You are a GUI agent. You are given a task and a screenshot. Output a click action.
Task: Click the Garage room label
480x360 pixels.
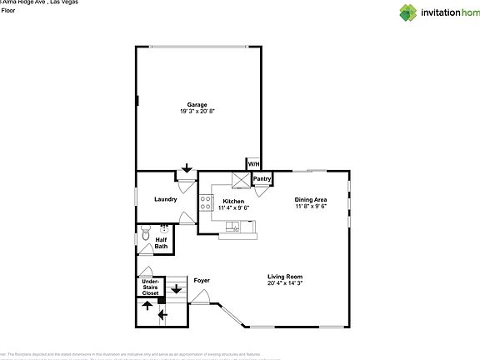pyautogui.click(x=197, y=104)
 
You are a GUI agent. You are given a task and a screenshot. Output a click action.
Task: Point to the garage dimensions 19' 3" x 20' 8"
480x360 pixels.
pyautogui.click(x=197, y=111)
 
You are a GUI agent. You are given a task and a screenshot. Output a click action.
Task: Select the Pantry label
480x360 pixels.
pyautogui.click(x=262, y=178)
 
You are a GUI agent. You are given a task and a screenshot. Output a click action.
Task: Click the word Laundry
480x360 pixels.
pyautogui.click(x=166, y=199)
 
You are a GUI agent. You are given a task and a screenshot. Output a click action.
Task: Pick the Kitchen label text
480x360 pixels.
pyautogui.click(x=233, y=202)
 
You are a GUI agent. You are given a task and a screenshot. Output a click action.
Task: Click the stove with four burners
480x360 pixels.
pyautogui.click(x=204, y=202)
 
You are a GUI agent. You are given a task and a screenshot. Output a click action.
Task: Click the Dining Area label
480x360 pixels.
pyautogui.click(x=310, y=199)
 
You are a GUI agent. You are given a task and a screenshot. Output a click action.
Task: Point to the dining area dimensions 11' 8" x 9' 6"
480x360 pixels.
pyautogui.click(x=310, y=206)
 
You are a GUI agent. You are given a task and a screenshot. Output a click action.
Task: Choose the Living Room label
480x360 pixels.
pyautogui.click(x=284, y=277)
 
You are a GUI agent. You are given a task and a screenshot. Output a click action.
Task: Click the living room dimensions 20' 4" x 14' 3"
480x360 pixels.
pyautogui.click(x=284, y=283)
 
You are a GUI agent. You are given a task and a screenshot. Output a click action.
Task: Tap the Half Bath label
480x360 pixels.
pyautogui.click(x=161, y=242)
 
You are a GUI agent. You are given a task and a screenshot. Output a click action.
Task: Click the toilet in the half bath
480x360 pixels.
pyautogui.click(x=146, y=234)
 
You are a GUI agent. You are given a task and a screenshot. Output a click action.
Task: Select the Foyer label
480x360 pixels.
pyautogui.click(x=202, y=281)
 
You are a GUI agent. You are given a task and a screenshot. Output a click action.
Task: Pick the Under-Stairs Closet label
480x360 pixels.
pyautogui.click(x=151, y=287)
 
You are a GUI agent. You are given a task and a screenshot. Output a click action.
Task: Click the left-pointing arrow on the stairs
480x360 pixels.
pyautogui.click(x=162, y=315)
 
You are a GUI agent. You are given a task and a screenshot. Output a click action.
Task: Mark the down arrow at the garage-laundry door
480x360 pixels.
pyautogui.click(x=187, y=169)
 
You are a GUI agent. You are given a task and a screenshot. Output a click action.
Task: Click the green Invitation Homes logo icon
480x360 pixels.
pyautogui.click(x=407, y=12)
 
